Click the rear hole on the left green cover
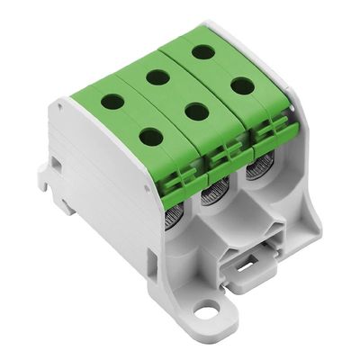click(x=114, y=103)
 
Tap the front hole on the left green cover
click(x=151, y=137)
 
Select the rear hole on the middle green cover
click(x=157, y=77)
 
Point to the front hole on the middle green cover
click(x=193, y=112)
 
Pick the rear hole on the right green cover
click(x=203, y=51)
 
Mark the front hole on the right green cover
click(x=242, y=85)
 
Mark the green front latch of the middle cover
click(x=219, y=160)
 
